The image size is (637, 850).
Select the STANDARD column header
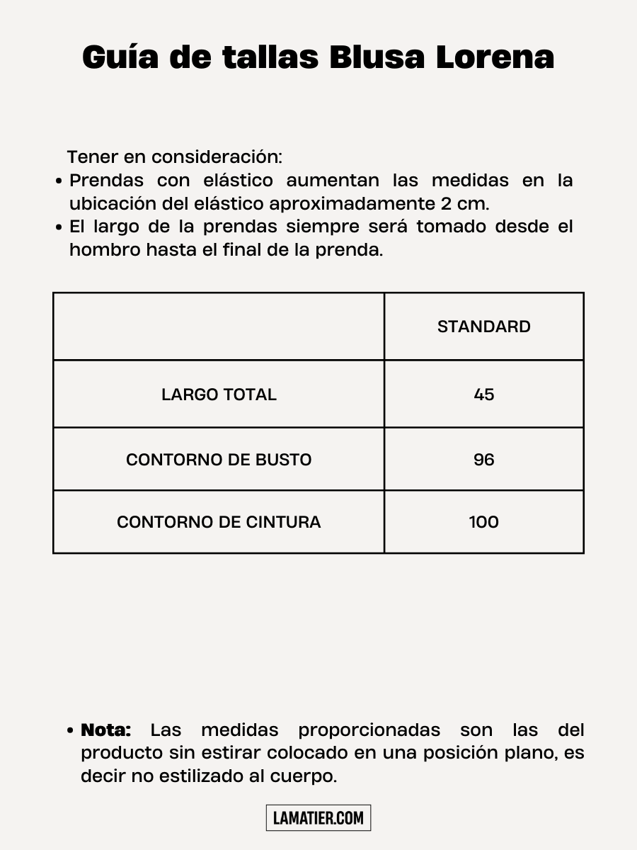(x=484, y=327)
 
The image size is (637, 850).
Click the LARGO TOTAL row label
(x=219, y=395)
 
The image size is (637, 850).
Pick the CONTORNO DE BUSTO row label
(x=219, y=460)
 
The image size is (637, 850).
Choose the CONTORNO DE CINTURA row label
(x=219, y=522)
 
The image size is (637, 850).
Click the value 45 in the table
(x=484, y=395)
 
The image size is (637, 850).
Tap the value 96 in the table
(x=484, y=460)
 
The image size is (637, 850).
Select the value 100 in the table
(x=484, y=522)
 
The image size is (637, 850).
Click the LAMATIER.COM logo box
(x=318, y=818)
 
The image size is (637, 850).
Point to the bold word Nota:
(x=106, y=730)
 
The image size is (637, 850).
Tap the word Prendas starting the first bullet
(x=106, y=181)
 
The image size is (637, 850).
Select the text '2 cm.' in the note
(x=464, y=204)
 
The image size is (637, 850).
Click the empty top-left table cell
(x=219, y=327)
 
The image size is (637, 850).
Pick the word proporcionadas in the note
(x=369, y=730)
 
